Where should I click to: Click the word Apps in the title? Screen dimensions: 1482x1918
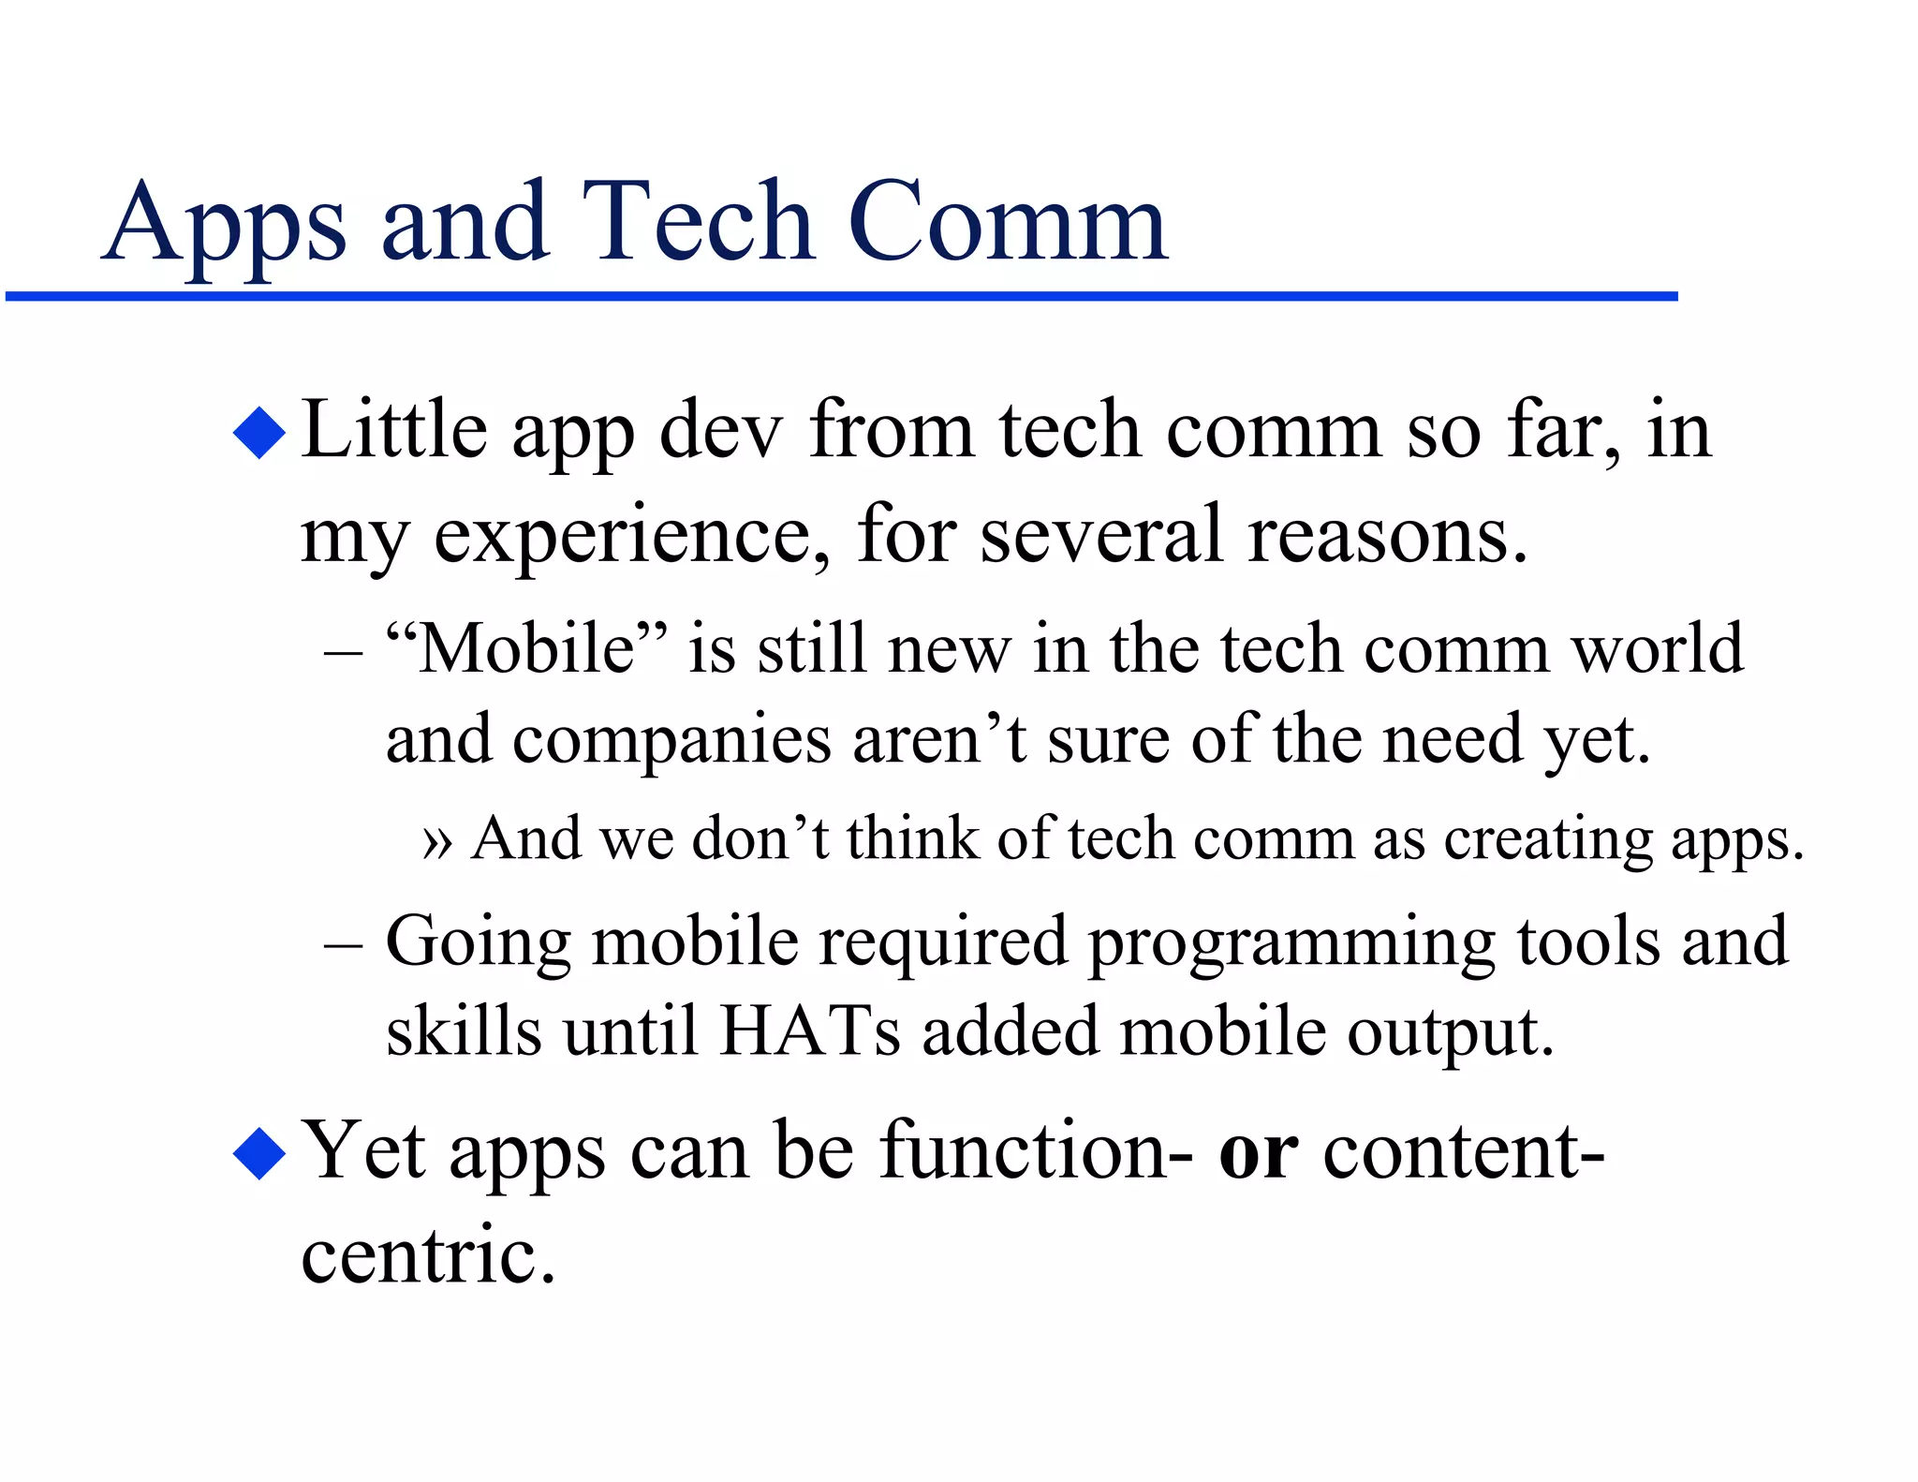tap(225, 225)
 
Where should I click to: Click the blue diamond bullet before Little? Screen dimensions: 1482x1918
tap(259, 432)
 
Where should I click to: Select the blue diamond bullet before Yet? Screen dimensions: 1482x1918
tap(259, 1153)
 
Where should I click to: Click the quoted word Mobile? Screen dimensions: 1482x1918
tap(528, 648)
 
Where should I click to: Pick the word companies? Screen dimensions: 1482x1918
tap(671, 739)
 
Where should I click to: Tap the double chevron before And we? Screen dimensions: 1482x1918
tap(437, 839)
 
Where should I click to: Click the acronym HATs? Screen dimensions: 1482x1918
tap(810, 1031)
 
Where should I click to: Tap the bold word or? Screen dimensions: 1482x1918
tap(1258, 1153)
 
